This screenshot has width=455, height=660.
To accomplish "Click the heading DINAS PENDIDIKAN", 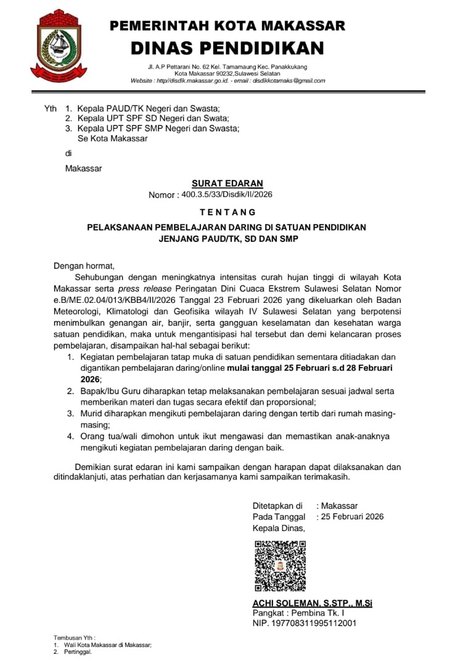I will pos(227,47).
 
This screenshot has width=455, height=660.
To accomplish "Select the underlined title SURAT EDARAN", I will pos(227,183).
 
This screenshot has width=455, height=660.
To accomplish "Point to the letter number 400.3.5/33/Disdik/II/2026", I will pos(227,194).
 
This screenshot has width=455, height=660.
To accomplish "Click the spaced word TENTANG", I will pos(227,212).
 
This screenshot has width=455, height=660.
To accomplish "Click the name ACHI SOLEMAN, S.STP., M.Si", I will pos(312,603).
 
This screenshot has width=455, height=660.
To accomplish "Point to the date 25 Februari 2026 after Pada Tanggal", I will pos(352,516).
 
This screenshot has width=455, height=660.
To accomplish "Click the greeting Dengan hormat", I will pos(84,266).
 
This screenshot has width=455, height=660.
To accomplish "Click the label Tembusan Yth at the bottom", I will pos(74,638).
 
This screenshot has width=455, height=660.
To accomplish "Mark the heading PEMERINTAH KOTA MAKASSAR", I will pos(227,26).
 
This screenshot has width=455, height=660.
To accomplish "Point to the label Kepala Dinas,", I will pos(279,528).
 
